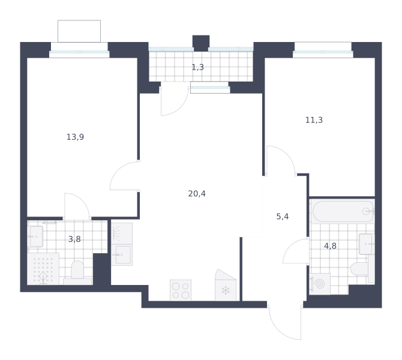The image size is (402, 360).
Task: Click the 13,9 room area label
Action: point(75,137)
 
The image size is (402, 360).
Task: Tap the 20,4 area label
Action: point(197,194)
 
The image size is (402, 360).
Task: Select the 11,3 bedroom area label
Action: point(314,120)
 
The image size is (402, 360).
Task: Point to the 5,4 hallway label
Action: point(283,217)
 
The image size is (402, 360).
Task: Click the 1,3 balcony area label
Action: point(198,67)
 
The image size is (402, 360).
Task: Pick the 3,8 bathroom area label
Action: point(74,239)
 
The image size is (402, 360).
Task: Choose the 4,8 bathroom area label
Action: point(330,246)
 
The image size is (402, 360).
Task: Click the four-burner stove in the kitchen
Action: point(181,290)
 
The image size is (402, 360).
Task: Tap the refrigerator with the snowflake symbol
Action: point(226,285)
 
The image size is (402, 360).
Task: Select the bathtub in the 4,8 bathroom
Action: point(343,212)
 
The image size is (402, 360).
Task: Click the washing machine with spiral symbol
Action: point(320,284)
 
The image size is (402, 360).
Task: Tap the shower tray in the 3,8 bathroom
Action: point(43,269)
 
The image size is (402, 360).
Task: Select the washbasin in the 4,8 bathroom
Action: point(367,244)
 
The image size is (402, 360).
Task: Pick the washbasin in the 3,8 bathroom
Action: point(35,236)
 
